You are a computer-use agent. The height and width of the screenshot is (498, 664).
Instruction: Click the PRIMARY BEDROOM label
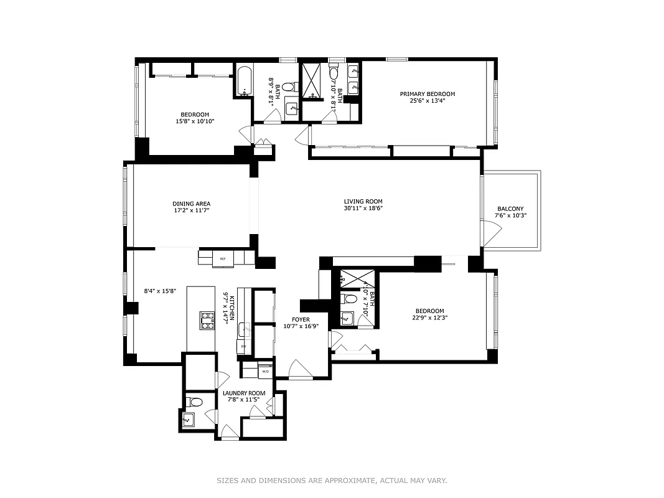tap(427, 94)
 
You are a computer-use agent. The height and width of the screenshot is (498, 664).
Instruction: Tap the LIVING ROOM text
tap(363, 201)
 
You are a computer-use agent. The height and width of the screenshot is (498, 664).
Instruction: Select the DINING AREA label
tap(191, 204)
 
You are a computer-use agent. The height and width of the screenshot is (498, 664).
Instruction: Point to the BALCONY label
tap(510, 209)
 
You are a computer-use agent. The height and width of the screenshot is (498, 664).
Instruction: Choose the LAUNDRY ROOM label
tap(244, 393)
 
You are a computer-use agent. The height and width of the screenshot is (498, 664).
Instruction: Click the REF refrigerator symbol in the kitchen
tap(222, 258)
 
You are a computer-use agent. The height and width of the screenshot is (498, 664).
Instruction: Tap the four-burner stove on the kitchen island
tap(207, 320)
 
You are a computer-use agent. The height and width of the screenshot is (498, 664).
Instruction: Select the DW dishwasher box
tap(243, 346)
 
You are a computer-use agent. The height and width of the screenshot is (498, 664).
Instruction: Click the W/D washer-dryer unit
tap(264, 372)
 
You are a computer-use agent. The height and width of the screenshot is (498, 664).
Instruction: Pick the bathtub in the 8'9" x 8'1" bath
tap(243, 82)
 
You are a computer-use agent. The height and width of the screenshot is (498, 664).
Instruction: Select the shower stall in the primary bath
tap(313, 82)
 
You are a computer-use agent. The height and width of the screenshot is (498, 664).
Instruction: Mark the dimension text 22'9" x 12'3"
tap(429, 317)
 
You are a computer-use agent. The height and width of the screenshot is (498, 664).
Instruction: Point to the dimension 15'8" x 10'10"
tap(195, 121)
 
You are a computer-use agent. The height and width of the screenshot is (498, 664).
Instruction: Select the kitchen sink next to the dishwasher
tap(245, 329)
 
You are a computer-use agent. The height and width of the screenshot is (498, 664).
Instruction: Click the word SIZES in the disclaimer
tap(228, 481)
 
